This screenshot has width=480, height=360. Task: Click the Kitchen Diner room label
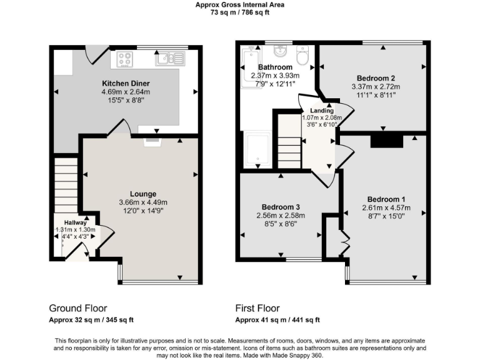click(x=126, y=83)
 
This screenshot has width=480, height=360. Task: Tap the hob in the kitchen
click(x=125, y=59)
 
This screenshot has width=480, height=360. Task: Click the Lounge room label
click(x=143, y=194)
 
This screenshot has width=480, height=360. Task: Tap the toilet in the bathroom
click(x=302, y=57)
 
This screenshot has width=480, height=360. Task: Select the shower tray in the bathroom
click(x=256, y=149)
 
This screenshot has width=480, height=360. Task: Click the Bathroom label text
click(x=274, y=67)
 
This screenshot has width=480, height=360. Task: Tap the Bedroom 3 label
click(x=281, y=207)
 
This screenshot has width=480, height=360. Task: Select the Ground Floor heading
click(x=77, y=308)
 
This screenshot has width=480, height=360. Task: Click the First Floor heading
click(x=257, y=308)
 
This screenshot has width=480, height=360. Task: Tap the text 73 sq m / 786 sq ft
click(x=241, y=12)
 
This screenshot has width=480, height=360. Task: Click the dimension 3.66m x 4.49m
click(x=143, y=202)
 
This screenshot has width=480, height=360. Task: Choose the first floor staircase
click(x=289, y=147)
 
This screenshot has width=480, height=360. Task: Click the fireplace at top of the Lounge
click(x=152, y=142)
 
